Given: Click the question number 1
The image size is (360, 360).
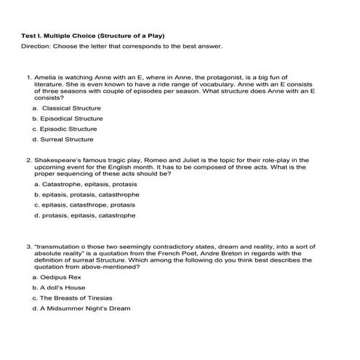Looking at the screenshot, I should pyautogui.click(x=28, y=76).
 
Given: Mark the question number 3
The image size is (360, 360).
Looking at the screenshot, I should pyautogui.click(x=28, y=248).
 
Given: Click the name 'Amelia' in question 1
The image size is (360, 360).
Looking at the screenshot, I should pyautogui.click(x=45, y=76).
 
